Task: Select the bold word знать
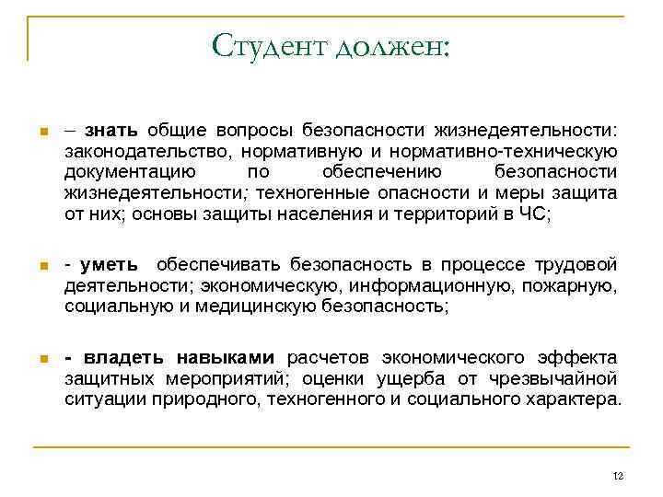(115, 131)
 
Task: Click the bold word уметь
(110, 265)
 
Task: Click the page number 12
(617, 475)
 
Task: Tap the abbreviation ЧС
(534, 214)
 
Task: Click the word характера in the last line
(569, 399)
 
